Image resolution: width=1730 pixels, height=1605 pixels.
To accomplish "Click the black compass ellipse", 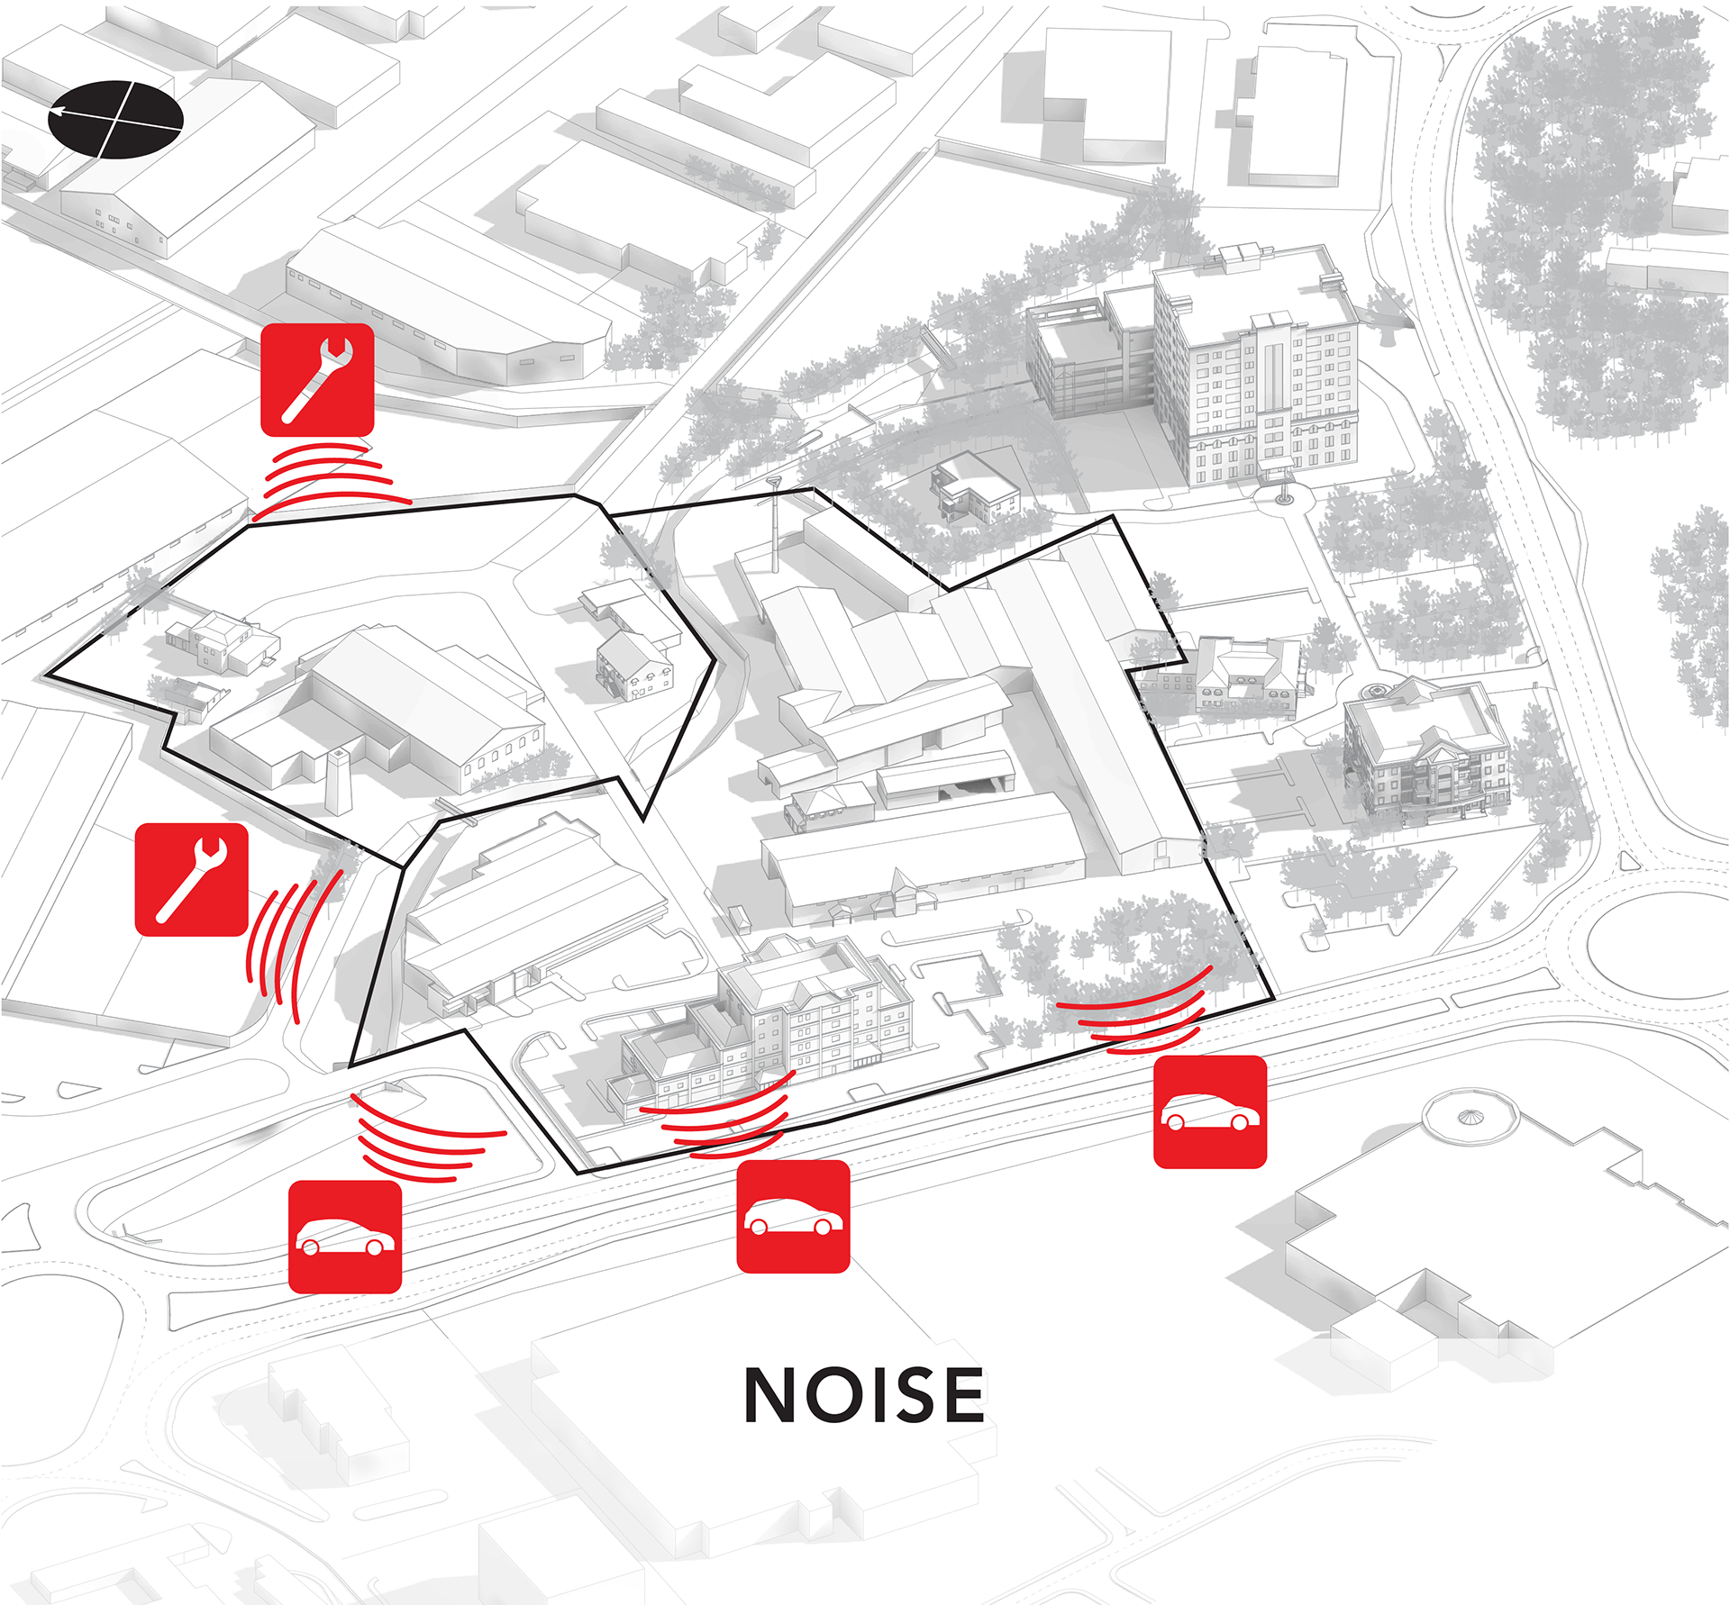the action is pos(115,119).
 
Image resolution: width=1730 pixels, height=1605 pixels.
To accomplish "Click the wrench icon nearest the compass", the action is pos(317,380).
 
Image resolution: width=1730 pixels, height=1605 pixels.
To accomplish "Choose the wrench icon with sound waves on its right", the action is pos(191,879).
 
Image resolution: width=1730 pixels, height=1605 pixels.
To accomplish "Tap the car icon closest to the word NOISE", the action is pos(793,1216).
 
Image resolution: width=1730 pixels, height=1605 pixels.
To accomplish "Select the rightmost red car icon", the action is pos(1210,1111).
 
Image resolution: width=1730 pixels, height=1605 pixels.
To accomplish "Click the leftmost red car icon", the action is pos(345,1237).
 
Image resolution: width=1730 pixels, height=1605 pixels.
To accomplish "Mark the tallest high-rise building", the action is pos(1257,369).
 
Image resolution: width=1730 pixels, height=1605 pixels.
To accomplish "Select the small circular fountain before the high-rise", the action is pos(1283,496).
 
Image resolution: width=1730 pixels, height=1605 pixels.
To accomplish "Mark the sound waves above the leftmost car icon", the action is pos(422,1137).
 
